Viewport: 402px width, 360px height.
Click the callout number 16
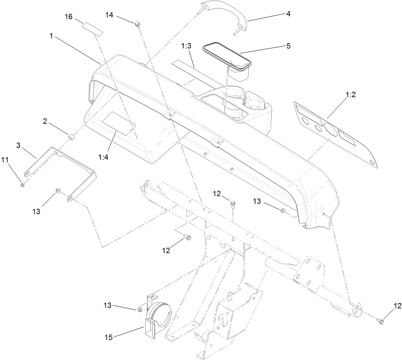coord(69,16)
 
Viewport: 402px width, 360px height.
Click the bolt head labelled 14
coord(137,24)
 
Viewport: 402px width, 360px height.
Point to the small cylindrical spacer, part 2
coord(71,137)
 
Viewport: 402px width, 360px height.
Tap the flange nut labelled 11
coord(22,185)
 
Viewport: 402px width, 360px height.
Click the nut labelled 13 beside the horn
coord(140,309)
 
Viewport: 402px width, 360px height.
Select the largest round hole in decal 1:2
coord(330,129)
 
